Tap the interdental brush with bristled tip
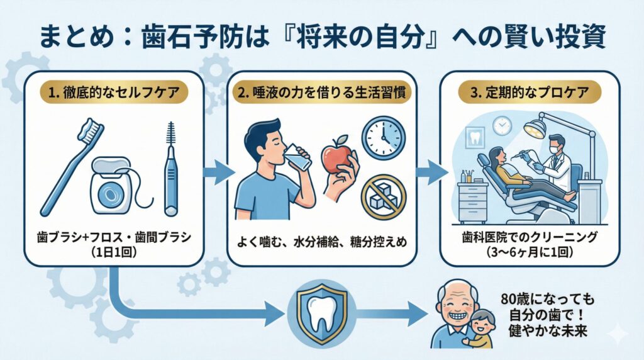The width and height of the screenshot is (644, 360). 170,170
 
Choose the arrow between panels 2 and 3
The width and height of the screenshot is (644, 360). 431,172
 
